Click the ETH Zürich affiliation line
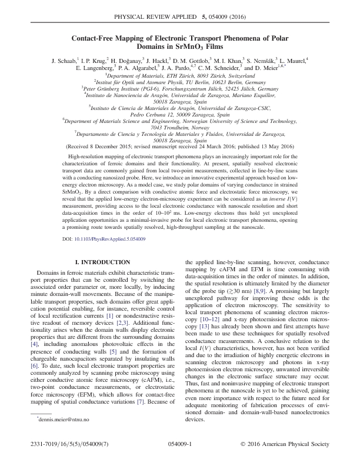[x=180, y=76]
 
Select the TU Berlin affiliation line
[x=180, y=84]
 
